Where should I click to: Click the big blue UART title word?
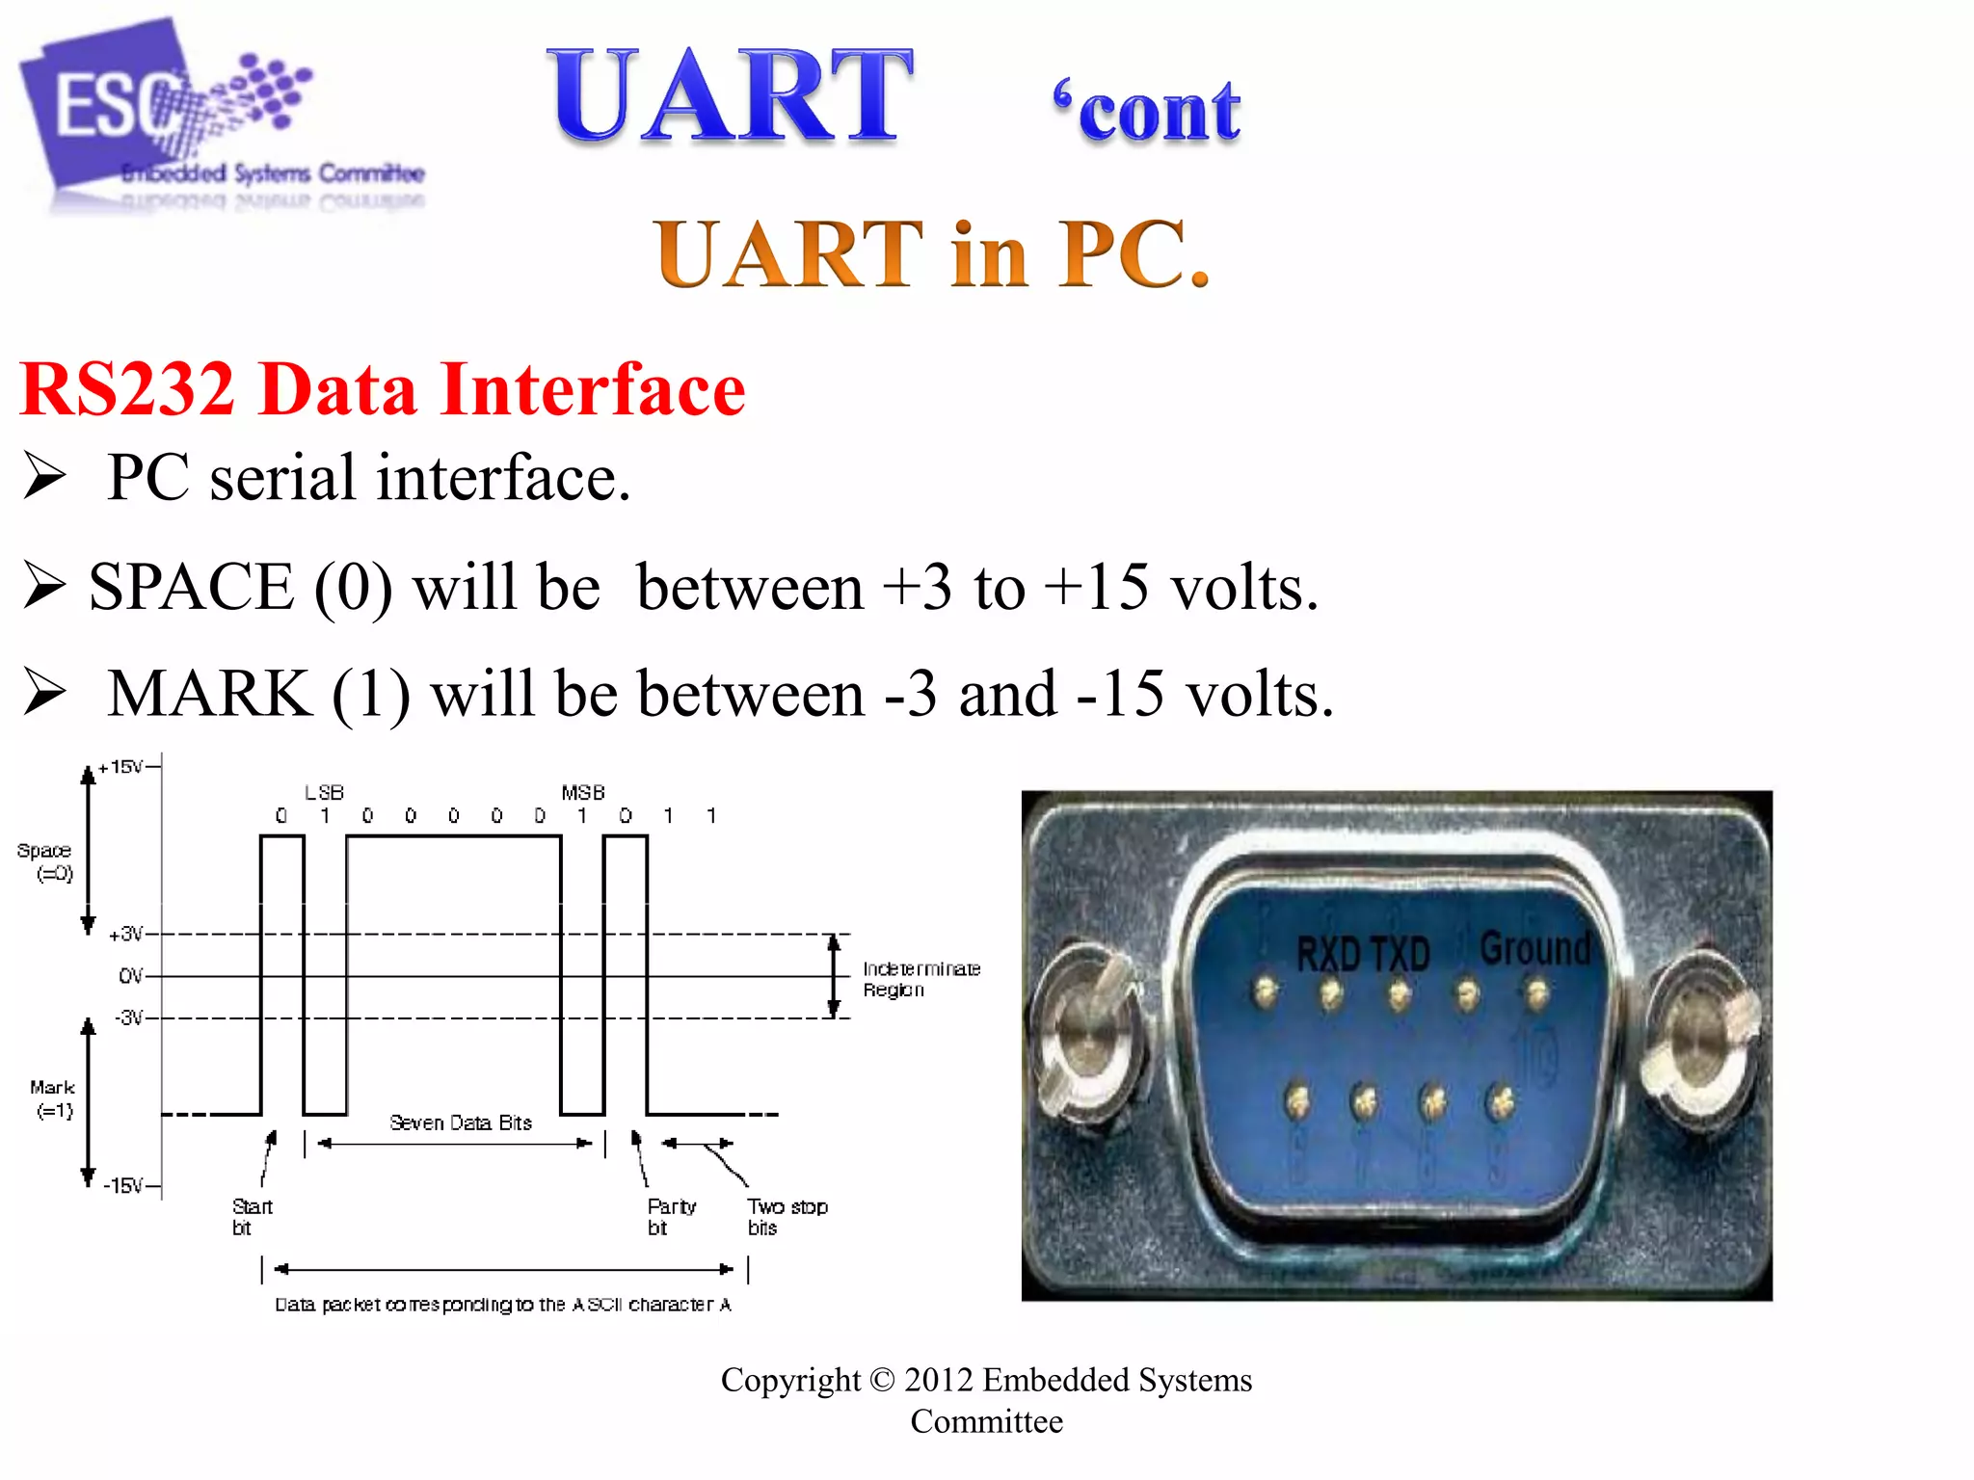coord(730,96)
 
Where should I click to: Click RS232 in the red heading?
coord(127,388)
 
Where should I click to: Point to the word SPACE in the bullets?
coord(191,587)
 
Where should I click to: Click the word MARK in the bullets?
coord(209,694)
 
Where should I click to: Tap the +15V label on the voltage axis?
coord(121,767)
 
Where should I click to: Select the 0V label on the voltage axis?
coord(130,976)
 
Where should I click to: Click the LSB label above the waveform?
coord(324,792)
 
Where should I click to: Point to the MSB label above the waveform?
coord(583,792)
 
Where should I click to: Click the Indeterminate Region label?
coord(920,979)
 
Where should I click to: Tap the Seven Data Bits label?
coord(461,1123)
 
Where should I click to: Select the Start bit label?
coord(252,1216)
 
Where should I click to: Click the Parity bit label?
coord(671,1216)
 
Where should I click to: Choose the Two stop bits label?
coord(787,1216)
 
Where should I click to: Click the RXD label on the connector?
coord(1327,954)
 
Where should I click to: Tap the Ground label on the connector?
coord(1535,948)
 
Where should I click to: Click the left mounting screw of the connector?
coord(1086,1039)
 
